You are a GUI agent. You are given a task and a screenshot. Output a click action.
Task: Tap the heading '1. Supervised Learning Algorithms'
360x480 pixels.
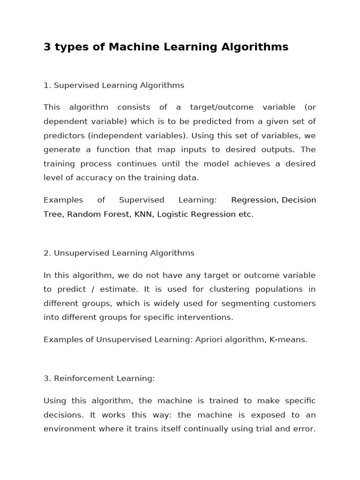(114, 85)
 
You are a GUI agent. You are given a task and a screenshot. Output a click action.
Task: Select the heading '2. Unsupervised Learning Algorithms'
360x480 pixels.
(119, 253)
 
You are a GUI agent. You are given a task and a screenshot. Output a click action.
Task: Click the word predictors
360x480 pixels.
(63, 135)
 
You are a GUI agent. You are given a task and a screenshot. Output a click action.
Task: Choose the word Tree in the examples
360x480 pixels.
(53, 214)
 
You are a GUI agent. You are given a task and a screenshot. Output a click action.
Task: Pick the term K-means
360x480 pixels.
(288, 339)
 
